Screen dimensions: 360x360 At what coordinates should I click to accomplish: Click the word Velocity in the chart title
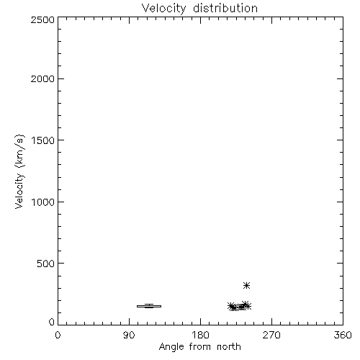163,9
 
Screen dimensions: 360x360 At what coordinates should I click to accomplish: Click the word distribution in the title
225,8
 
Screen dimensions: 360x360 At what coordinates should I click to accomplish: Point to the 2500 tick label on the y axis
42,19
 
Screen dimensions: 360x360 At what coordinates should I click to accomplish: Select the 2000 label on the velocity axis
42,78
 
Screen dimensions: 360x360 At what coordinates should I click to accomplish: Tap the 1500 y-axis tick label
43,140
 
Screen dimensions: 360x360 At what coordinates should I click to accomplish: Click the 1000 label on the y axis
43,202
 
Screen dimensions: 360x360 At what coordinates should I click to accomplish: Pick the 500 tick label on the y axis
46,264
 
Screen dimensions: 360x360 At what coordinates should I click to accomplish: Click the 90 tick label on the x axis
129,335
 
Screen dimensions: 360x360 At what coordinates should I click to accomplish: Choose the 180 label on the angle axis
200,335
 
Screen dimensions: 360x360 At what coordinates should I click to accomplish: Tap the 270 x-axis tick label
271,335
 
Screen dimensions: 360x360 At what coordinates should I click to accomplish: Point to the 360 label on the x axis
343,335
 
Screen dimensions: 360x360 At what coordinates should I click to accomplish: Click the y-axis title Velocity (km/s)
19,171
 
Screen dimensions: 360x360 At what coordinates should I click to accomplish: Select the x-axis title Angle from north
200,347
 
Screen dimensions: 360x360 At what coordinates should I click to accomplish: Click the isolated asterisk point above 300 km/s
246,286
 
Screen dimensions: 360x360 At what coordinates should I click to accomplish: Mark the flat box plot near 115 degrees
149,306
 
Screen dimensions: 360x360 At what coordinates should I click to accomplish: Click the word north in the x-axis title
229,347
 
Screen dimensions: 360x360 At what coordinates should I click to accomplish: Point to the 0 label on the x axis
58,335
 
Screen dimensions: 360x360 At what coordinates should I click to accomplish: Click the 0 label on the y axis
52,322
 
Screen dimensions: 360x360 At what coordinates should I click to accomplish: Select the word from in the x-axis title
200,347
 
